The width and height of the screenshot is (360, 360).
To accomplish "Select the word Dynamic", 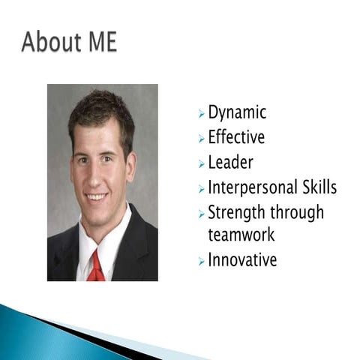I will (x=237, y=113).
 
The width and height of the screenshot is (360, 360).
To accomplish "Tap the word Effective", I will (x=236, y=138).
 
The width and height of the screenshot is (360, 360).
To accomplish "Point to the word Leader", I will (x=230, y=163).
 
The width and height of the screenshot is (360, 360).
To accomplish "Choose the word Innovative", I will (x=242, y=260).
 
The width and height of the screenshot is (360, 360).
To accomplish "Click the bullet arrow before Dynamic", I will (x=201, y=115).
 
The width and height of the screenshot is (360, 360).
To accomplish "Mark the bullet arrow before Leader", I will (x=201, y=163).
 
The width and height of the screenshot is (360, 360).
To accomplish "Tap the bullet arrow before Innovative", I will (x=201, y=261).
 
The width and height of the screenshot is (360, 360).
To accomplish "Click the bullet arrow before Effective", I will (x=201, y=139).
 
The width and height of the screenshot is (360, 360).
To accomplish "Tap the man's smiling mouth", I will (x=97, y=197).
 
